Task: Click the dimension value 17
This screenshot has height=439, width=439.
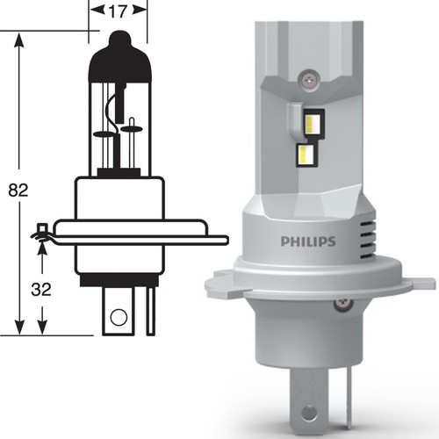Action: [118, 11]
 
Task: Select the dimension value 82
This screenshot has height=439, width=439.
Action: [18, 191]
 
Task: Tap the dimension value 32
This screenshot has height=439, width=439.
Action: [41, 290]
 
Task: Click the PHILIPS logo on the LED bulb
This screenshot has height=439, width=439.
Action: [308, 241]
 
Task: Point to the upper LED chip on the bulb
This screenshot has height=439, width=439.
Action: [314, 123]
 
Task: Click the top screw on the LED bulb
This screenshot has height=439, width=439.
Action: [307, 77]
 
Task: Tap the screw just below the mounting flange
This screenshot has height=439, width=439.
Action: [342, 305]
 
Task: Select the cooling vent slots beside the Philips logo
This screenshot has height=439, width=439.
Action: [368, 239]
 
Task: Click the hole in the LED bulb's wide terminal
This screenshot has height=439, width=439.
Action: [307, 412]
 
